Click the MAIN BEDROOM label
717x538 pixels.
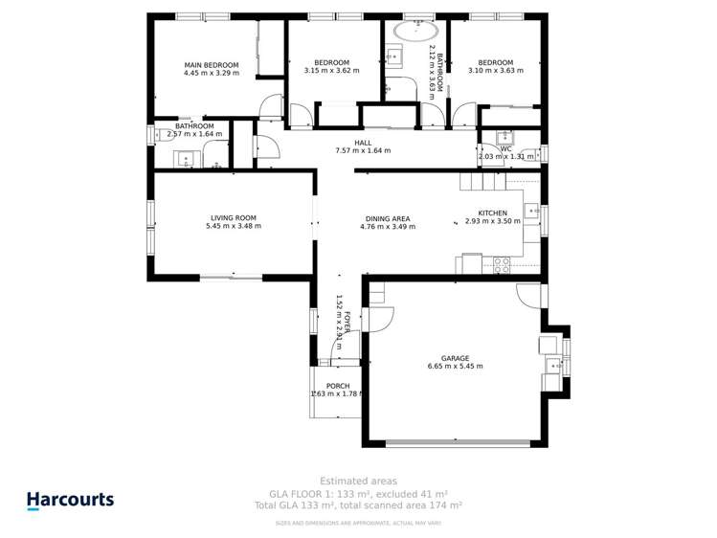click(211, 65)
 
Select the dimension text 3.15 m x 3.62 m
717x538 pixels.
click(331, 71)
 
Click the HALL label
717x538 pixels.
click(363, 143)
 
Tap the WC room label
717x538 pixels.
click(505, 148)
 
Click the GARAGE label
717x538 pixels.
click(455, 358)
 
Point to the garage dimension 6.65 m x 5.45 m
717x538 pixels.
click(455, 367)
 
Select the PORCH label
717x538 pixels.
click(337, 386)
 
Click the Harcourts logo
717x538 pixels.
click(70, 500)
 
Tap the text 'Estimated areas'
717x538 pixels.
click(358, 481)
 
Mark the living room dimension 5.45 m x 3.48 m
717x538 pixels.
click(235, 227)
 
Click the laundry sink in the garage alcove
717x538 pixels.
click(553, 365)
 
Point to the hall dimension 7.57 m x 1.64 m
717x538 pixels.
click(363, 151)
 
